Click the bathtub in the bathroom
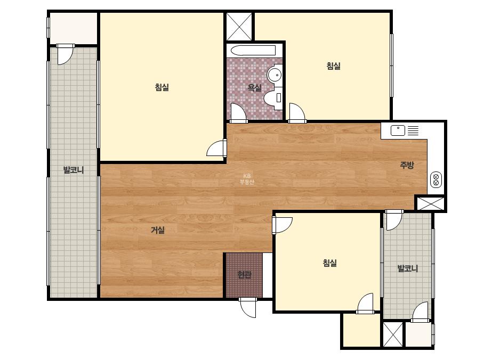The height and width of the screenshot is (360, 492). [x=253, y=51]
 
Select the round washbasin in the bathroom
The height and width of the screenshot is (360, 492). [x=275, y=75]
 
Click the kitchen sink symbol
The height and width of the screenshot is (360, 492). [x=398, y=130]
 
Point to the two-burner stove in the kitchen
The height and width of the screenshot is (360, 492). [x=436, y=179]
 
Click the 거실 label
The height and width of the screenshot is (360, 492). [x=158, y=230]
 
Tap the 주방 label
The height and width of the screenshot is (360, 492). [x=407, y=165]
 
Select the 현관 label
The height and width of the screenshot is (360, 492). [x=245, y=275]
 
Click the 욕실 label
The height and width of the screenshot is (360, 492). [x=254, y=87]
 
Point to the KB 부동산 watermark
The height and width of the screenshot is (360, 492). [x=247, y=179]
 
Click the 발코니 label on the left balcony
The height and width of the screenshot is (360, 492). [x=74, y=170]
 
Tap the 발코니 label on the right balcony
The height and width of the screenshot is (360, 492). [x=408, y=268]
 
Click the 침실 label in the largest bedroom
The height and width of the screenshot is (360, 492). [x=162, y=87]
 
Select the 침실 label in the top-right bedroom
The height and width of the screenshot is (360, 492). [x=333, y=66]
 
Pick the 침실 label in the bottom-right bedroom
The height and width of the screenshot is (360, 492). [x=329, y=263]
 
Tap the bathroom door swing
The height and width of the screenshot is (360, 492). [x=238, y=112]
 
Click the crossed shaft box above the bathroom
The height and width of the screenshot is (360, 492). [x=239, y=26]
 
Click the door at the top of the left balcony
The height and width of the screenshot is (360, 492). [x=65, y=54]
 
